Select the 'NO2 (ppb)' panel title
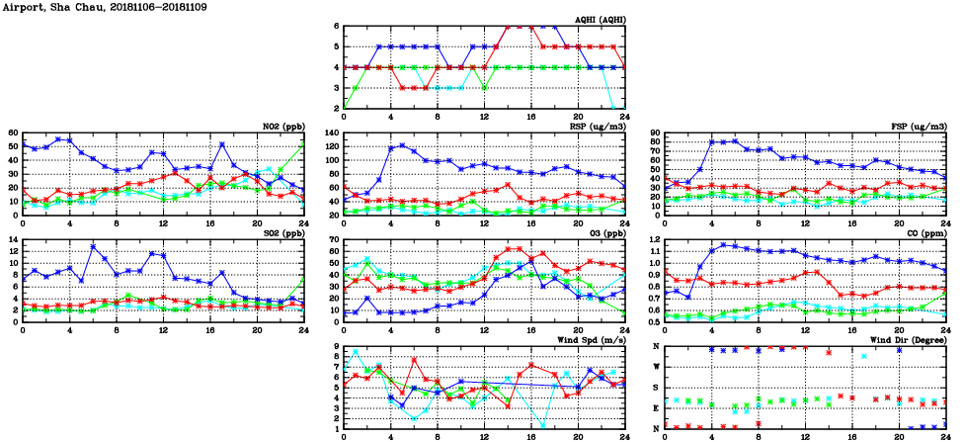[x=282, y=126]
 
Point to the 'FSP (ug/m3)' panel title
[x=919, y=126]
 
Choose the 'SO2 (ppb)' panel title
[x=282, y=232]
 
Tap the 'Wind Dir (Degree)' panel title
[x=907, y=339]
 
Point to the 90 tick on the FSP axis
[x=654, y=133]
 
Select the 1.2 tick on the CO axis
[x=652, y=239]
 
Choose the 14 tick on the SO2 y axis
[x=13, y=239]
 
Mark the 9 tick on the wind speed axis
[x=336, y=346]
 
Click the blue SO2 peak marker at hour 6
[x=93, y=246]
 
